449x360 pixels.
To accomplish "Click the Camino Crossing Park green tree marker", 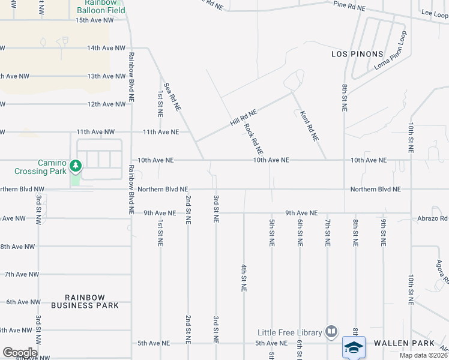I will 75,165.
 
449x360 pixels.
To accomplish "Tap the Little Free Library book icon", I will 331,331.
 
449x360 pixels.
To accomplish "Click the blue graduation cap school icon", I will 354,347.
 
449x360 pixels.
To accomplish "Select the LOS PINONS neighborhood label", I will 357,54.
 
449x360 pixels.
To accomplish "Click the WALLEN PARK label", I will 404,343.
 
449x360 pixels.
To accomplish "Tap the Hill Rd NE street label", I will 243,116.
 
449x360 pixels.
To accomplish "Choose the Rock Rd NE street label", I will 254,138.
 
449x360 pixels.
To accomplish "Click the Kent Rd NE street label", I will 309,125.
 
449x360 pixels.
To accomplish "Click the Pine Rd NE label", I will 349,5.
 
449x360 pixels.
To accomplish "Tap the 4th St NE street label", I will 244,277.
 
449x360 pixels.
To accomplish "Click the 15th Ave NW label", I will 94,20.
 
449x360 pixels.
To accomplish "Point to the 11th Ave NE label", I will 160,131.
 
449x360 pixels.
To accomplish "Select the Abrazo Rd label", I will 433,219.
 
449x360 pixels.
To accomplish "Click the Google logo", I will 20,353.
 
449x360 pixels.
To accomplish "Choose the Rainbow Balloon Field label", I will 100,7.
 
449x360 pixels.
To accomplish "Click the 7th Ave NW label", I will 22,274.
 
